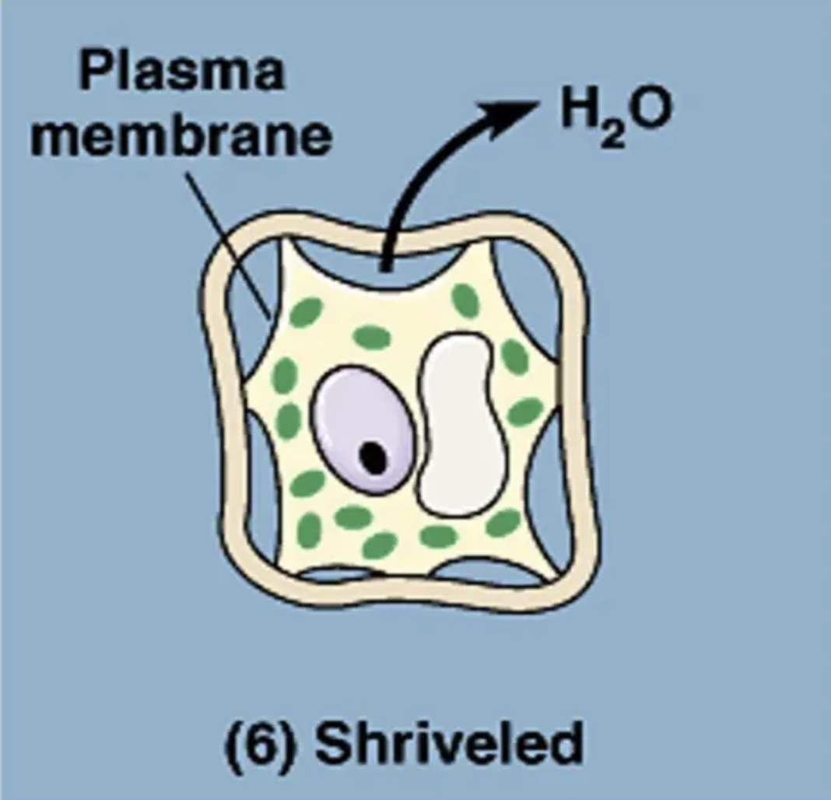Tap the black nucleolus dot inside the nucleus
[375, 458]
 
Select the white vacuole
[463, 424]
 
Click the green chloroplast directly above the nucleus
[372, 338]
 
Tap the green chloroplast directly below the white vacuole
[439, 535]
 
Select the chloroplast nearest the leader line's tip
[306, 312]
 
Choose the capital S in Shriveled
[336, 743]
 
